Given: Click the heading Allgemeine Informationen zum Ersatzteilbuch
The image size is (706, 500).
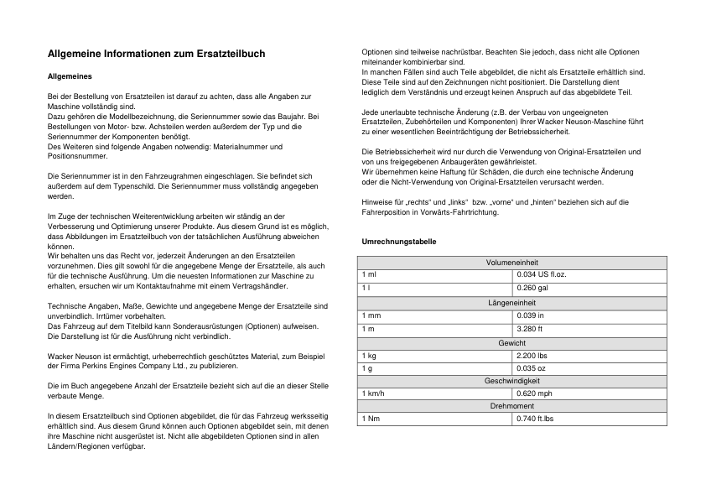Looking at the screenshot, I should pyautogui.click(x=156, y=54).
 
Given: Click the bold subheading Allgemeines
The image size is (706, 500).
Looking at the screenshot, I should pyautogui.click(x=69, y=76).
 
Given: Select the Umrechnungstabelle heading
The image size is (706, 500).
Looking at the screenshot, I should pyautogui.click(x=398, y=242).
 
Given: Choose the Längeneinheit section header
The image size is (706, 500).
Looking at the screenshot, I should pyautogui.click(x=511, y=302).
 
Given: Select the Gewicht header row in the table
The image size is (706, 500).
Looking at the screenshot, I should pyautogui.click(x=511, y=342).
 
